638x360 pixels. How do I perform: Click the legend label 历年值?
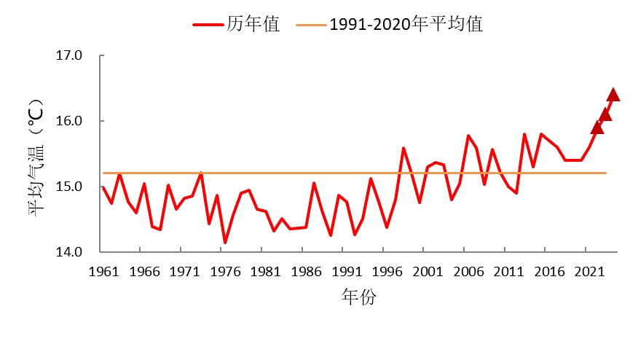(x=253, y=24)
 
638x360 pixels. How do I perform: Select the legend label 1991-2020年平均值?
(x=406, y=24)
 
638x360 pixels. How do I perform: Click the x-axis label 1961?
(x=103, y=272)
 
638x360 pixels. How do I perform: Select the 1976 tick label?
(x=225, y=272)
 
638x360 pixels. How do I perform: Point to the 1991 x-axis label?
(x=347, y=272)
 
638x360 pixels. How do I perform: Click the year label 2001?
(x=428, y=272)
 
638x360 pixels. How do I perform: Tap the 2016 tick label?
(x=549, y=272)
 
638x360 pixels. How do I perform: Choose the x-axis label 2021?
(x=589, y=272)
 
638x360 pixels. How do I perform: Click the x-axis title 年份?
(x=358, y=297)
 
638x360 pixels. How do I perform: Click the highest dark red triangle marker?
(x=613, y=94)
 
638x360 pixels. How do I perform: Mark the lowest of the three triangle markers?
(x=597, y=128)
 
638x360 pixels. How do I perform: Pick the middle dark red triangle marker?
(x=605, y=114)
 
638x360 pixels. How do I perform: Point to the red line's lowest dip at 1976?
(x=225, y=242)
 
